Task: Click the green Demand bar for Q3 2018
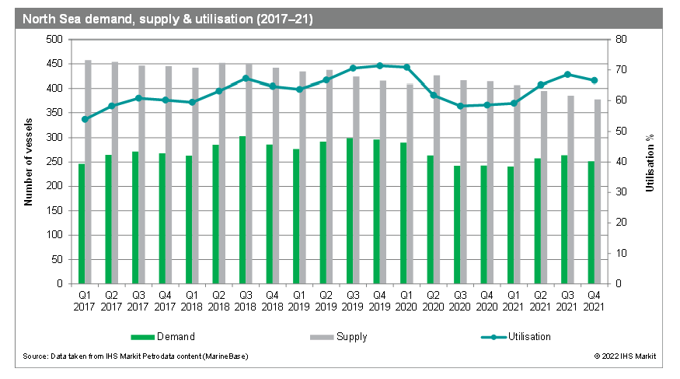(242, 210)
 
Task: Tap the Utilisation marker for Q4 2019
(379, 65)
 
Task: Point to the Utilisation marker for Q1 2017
(85, 119)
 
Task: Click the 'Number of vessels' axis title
(28, 162)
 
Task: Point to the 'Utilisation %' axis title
(650, 162)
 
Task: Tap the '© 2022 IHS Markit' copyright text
(625, 356)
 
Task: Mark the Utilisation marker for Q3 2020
(460, 106)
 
